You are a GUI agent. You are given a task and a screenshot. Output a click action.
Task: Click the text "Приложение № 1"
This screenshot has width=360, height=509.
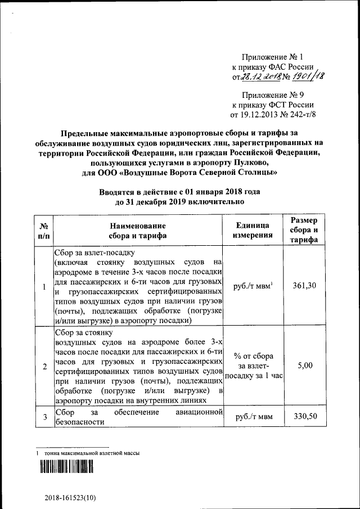point(272,57)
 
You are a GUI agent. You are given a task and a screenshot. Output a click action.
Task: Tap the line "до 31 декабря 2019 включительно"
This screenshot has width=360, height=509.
point(179,201)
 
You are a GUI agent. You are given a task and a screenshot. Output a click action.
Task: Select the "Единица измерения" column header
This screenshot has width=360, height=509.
point(253,230)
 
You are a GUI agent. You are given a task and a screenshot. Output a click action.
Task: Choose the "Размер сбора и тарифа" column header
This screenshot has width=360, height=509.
point(305,230)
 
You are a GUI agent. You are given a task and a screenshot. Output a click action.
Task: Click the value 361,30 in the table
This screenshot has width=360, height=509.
point(305,286)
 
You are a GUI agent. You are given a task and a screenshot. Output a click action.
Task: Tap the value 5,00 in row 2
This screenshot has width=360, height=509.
point(305,366)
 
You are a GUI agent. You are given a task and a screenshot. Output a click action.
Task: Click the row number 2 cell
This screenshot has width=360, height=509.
point(44,366)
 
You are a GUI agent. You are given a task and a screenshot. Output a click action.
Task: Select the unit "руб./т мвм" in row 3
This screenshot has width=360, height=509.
point(253,417)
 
